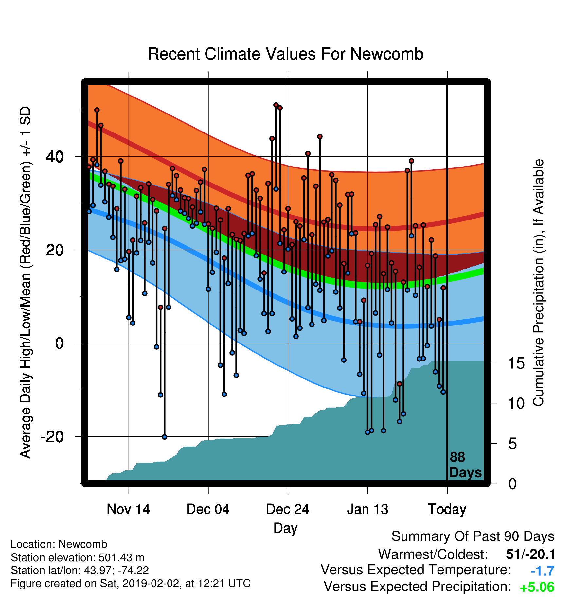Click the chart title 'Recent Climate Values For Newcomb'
coord(285,54)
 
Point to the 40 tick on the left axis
coord(55,157)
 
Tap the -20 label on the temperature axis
coord(52,436)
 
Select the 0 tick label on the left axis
coord(59,343)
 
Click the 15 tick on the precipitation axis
coord(516,363)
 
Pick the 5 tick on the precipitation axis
coord(512,444)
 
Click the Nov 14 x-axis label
coord(128,509)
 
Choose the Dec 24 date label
coord(288,509)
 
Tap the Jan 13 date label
coord(367,509)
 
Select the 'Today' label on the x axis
coord(447,509)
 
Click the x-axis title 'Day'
coord(285,528)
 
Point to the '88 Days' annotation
coord(465,465)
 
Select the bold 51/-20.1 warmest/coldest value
coord(530,554)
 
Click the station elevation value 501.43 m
coord(121,557)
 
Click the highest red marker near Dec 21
coord(276,105)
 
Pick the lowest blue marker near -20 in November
coord(165,437)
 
